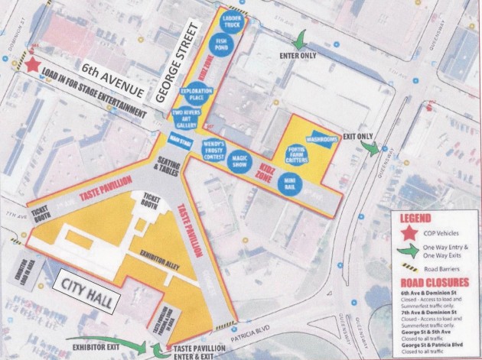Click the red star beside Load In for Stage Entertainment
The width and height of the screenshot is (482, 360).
click(x=33, y=65)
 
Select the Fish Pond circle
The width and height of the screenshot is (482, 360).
click(x=221, y=46)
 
